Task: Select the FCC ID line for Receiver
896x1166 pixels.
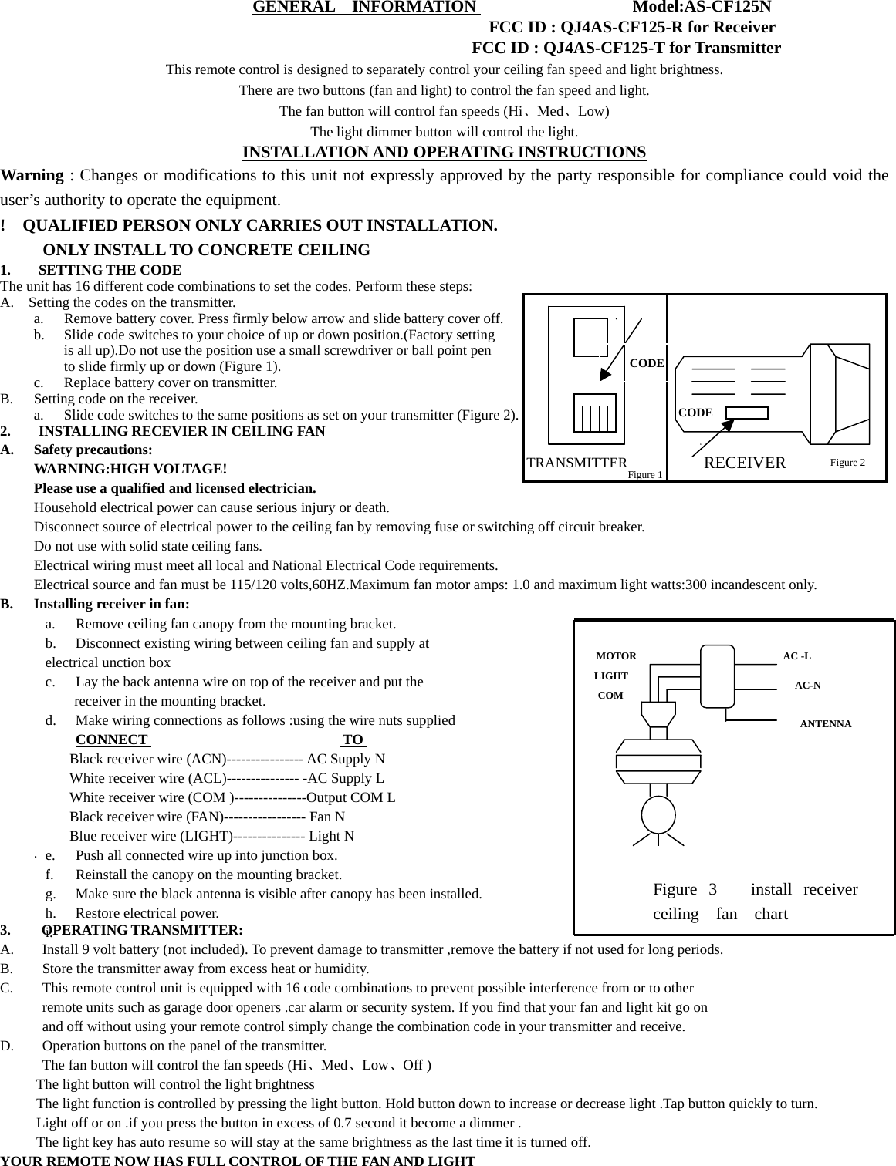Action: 632,28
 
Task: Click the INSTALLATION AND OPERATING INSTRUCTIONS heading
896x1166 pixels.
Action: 444,151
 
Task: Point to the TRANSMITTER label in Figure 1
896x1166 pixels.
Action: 576,463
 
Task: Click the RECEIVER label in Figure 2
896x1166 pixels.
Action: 745,463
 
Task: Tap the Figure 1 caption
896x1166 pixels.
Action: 645,475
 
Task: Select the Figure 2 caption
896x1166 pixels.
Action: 847,462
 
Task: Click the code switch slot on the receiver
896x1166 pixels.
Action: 747,413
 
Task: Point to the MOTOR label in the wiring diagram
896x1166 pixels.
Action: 617,656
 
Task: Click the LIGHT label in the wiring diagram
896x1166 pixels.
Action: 611,676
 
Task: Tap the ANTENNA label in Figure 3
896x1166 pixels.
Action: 826,724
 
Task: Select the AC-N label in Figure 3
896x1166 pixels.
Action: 807,685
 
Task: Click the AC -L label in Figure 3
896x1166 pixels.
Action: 797,656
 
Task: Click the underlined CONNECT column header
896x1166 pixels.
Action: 112,740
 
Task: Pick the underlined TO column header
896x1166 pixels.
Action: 353,740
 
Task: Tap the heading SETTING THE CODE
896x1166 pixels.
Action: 110,270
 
